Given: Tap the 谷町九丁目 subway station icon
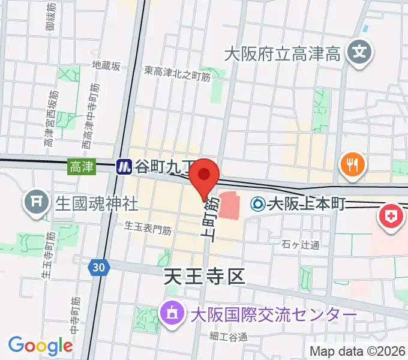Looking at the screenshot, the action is (124, 166).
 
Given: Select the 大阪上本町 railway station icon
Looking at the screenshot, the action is (257, 204).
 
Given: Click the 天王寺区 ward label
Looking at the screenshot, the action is (205, 277).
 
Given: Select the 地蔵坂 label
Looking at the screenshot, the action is (106, 65).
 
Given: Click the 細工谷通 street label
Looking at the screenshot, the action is (229, 336).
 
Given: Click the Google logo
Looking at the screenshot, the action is (41, 346).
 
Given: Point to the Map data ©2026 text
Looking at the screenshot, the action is (356, 351).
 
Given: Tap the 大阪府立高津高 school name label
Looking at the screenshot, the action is (283, 55).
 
